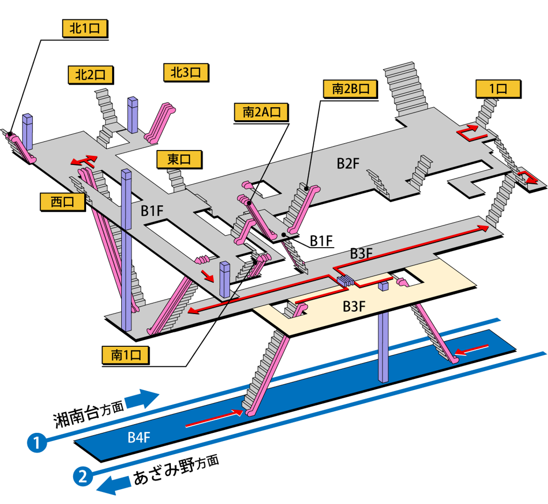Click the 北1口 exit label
(84, 29)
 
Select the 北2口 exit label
(90, 74)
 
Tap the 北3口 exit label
(185, 72)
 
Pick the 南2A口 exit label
(261, 112)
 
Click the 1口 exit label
(498, 89)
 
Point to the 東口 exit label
(179, 159)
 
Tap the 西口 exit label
(62, 201)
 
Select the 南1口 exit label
(125, 355)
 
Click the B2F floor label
(348, 163)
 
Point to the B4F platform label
(138, 437)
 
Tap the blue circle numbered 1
(37, 442)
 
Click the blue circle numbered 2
(82, 476)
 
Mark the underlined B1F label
(321, 241)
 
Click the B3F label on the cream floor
(354, 306)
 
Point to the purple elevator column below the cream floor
(383, 347)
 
